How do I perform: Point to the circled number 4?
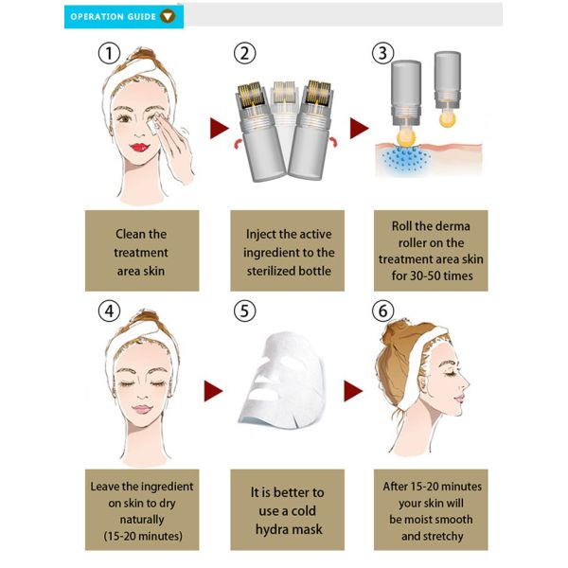click(x=111, y=310)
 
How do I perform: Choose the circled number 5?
click(x=243, y=310)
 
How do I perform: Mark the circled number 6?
click(x=383, y=310)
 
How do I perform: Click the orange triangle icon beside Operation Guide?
click(x=168, y=16)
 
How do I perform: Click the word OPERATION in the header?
click(x=100, y=16)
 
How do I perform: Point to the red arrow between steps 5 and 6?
click(x=353, y=391)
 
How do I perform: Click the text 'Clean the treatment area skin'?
click(x=140, y=252)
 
